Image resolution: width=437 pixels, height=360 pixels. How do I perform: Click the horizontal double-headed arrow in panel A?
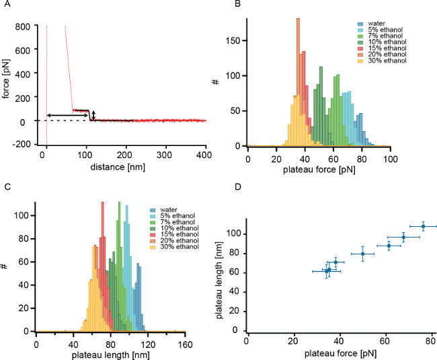(68, 116)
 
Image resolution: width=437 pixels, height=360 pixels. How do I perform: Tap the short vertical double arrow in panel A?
(93, 116)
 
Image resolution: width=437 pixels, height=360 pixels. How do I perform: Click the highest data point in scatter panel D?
(423, 226)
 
